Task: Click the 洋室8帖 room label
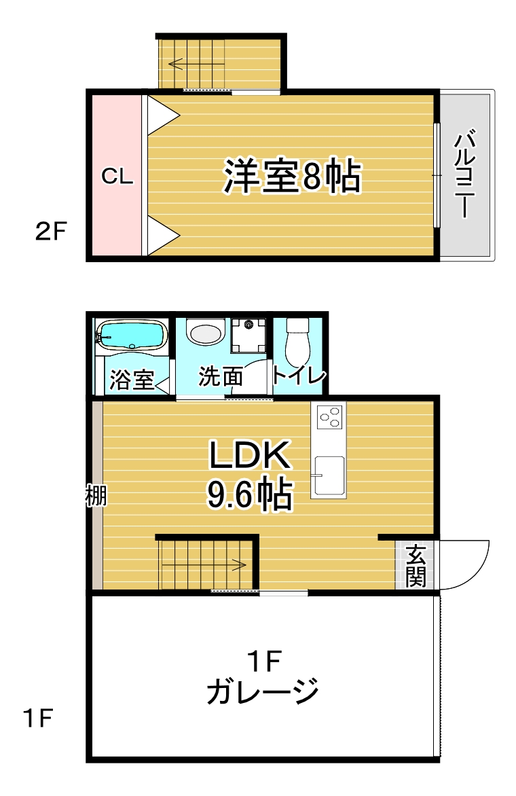(292, 176)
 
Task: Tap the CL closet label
(117, 176)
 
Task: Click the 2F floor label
(51, 232)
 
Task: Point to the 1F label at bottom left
(38, 718)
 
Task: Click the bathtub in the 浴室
(132, 335)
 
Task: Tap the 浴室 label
(132, 379)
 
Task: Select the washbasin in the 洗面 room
(206, 332)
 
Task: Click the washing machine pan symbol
(248, 335)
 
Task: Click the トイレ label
(299, 376)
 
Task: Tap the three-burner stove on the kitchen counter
(329, 417)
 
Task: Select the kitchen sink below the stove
(329, 475)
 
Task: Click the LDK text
(250, 455)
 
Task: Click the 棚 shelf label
(95, 496)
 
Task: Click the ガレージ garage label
(262, 691)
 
